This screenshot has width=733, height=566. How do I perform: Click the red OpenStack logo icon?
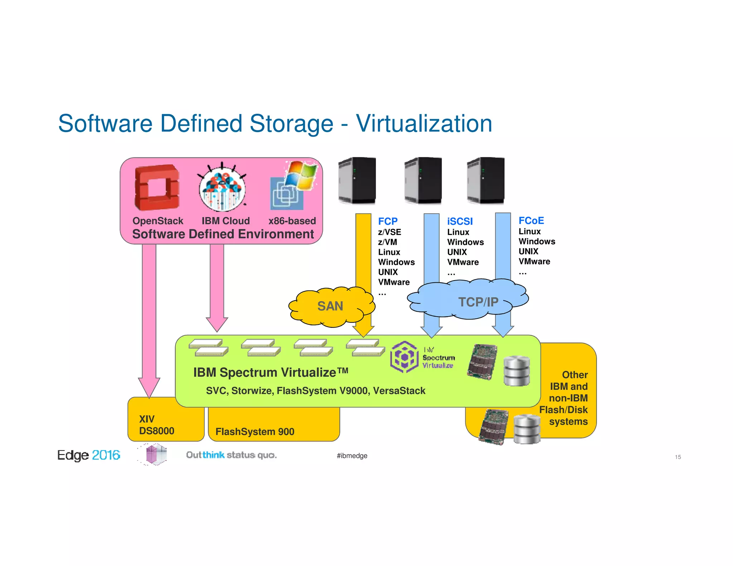(157, 187)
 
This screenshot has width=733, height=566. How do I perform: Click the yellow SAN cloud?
(331, 306)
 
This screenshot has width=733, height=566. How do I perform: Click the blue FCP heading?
(388, 221)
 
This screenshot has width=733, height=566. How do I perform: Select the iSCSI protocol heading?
(460, 221)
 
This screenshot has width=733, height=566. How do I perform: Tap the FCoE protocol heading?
(531, 221)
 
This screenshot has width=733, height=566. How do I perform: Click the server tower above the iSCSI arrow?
(423, 181)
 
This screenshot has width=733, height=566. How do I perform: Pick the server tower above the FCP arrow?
(357, 181)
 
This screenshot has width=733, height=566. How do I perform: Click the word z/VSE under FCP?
(389, 232)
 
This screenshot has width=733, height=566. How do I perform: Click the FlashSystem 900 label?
(255, 432)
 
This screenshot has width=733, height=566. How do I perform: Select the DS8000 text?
(156, 431)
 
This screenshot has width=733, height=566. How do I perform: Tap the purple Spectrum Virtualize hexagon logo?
(404, 357)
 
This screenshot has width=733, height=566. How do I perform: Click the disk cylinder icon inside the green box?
(516, 371)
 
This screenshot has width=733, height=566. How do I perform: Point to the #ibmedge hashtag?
(352, 456)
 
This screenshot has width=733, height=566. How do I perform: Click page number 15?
(678, 457)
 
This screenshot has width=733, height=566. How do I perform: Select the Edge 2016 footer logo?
(88, 455)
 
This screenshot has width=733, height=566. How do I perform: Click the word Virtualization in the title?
(424, 124)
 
